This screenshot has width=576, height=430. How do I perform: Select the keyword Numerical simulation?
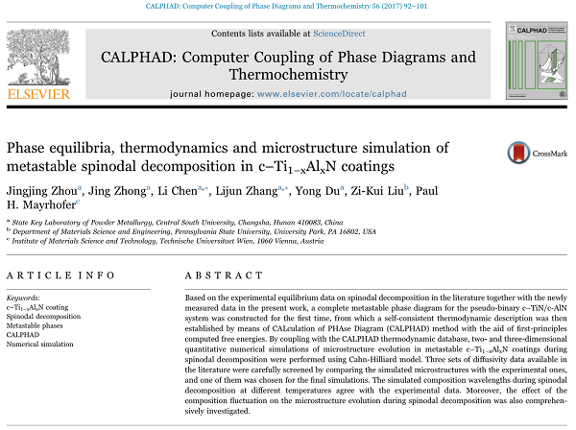click(x=39, y=343)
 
